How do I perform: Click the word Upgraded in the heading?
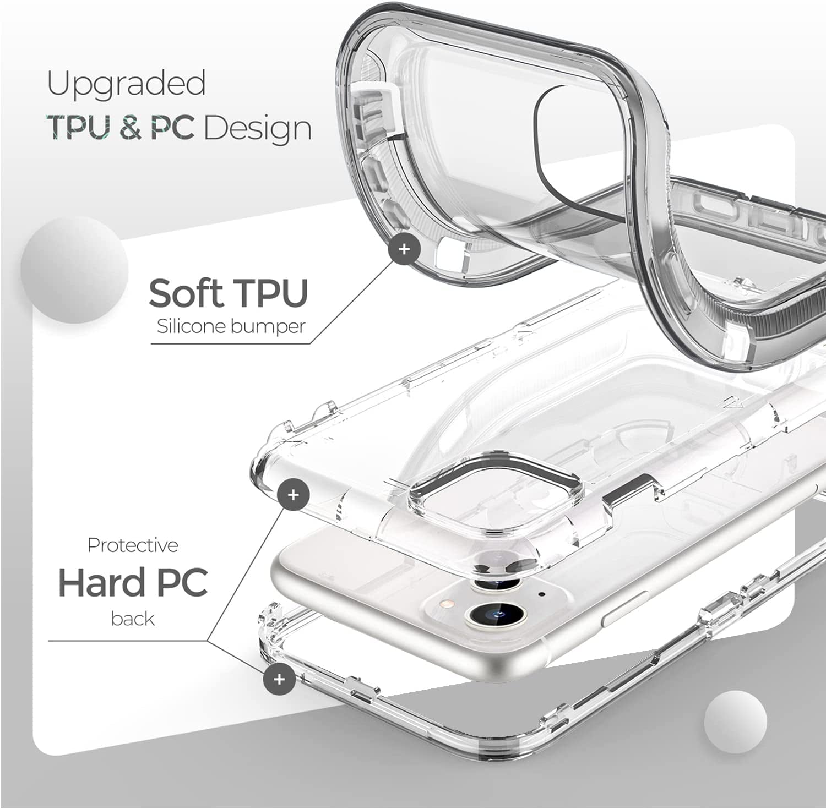(126, 84)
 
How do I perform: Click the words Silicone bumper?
(231, 326)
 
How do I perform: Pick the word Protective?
(133, 545)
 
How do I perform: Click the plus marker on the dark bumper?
(404, 249)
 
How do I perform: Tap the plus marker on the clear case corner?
(294, 495)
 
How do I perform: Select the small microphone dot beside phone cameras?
(542, 594)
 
